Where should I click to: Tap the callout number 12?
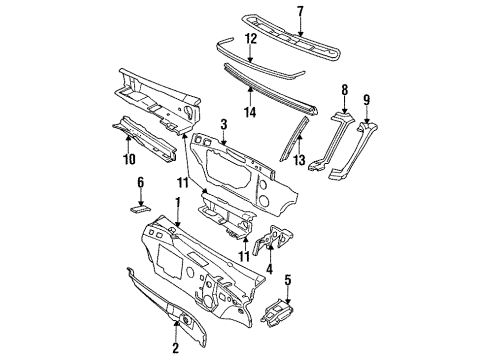(x=252, y=38)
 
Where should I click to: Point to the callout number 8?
(x=344, y=89)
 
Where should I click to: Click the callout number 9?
(x=366, y=99)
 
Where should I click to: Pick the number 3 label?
(x=225, y=124)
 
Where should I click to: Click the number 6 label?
(x=140, y=182)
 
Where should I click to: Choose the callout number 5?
(x=289, y=279)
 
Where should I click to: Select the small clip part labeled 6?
(x=140, y=208)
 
